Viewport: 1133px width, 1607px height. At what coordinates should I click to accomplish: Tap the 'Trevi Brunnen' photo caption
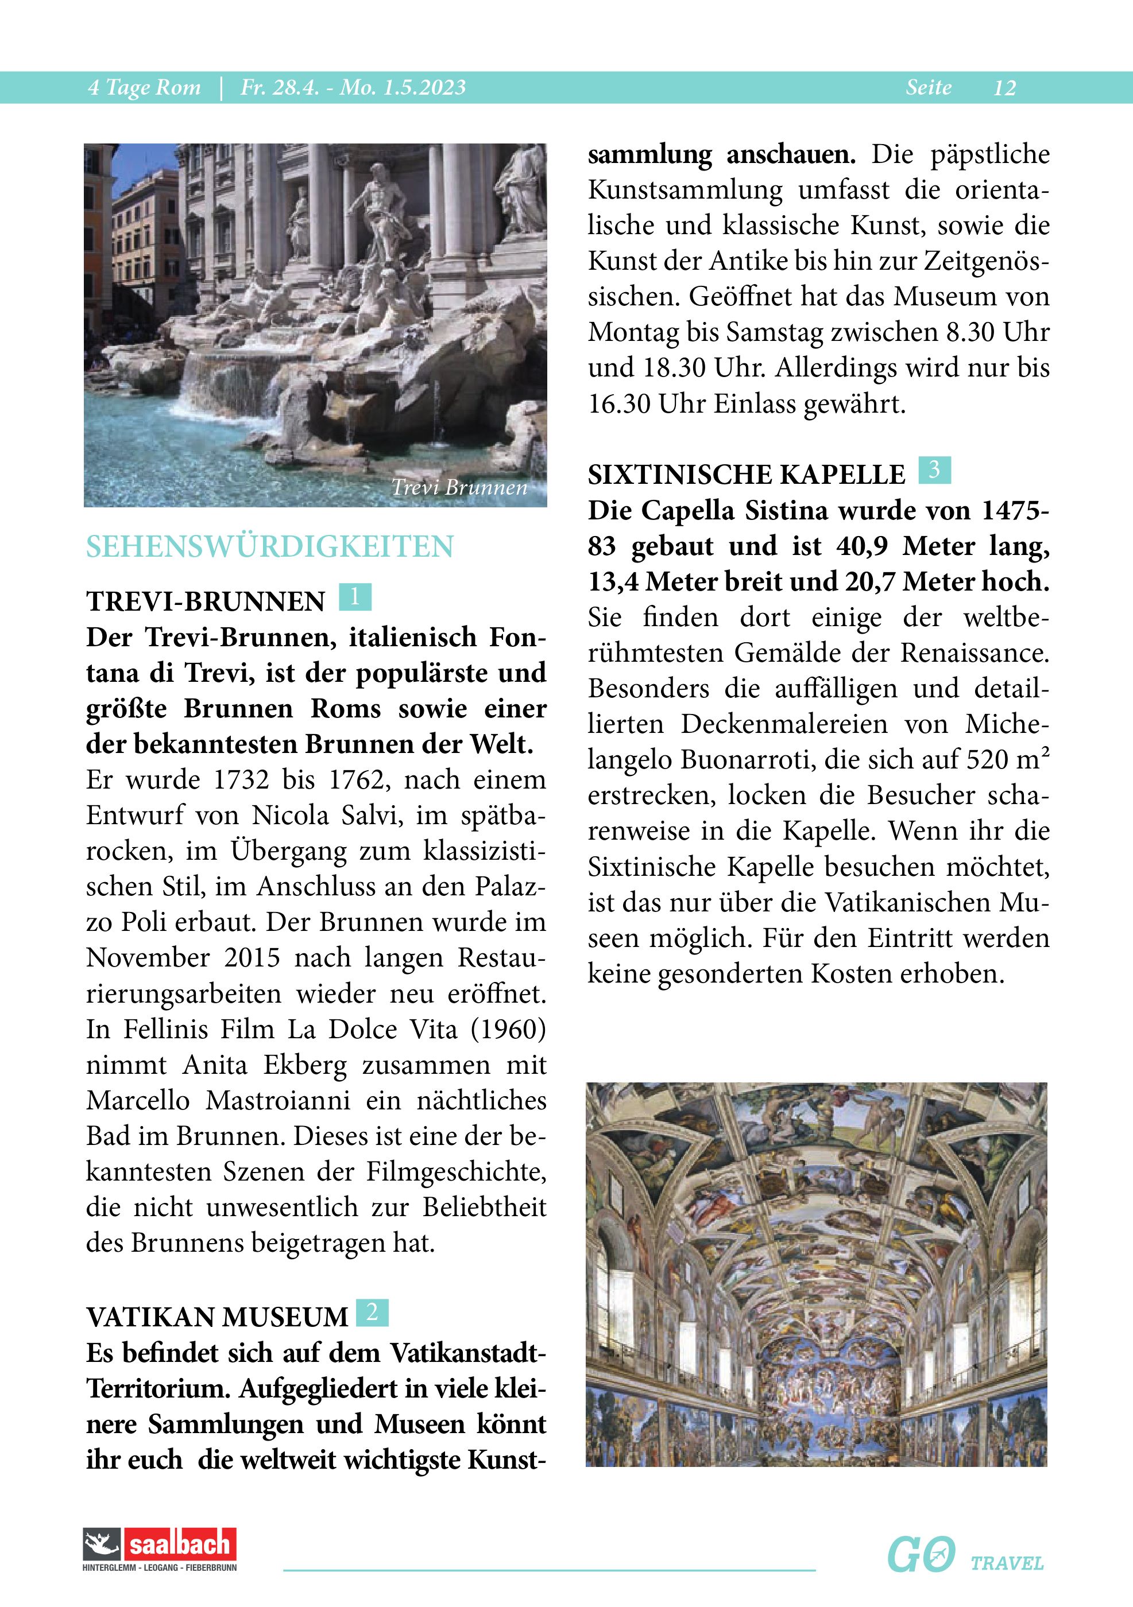[459, 487]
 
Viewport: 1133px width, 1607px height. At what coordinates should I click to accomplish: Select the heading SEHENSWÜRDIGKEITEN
[269, 546]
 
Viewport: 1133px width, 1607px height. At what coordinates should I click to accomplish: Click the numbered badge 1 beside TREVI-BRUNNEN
[354, 597]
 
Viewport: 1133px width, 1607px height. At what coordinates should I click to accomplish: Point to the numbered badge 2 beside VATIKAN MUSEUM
[372, 1313]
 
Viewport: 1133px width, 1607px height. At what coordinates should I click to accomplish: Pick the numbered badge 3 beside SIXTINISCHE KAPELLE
[934, 469]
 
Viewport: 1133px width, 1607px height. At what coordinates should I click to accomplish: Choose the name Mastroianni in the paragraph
[278, 1101]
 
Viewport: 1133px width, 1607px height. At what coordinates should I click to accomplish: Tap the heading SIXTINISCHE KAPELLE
[747, 475]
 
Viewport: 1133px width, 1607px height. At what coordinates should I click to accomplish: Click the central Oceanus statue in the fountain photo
[378, 210]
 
